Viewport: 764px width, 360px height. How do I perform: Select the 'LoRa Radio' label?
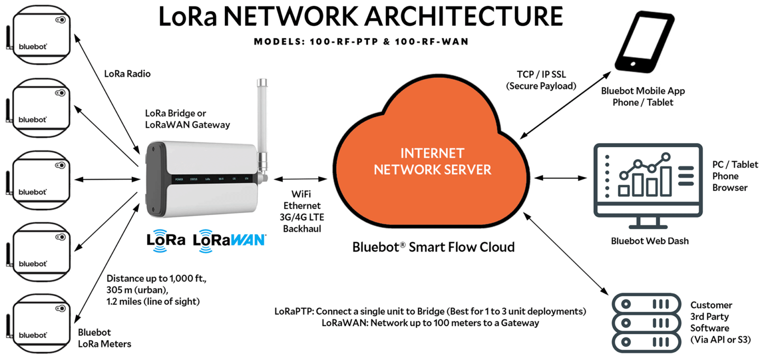click(127, 74)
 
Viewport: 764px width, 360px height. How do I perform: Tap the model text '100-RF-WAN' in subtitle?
click(432, 42)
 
